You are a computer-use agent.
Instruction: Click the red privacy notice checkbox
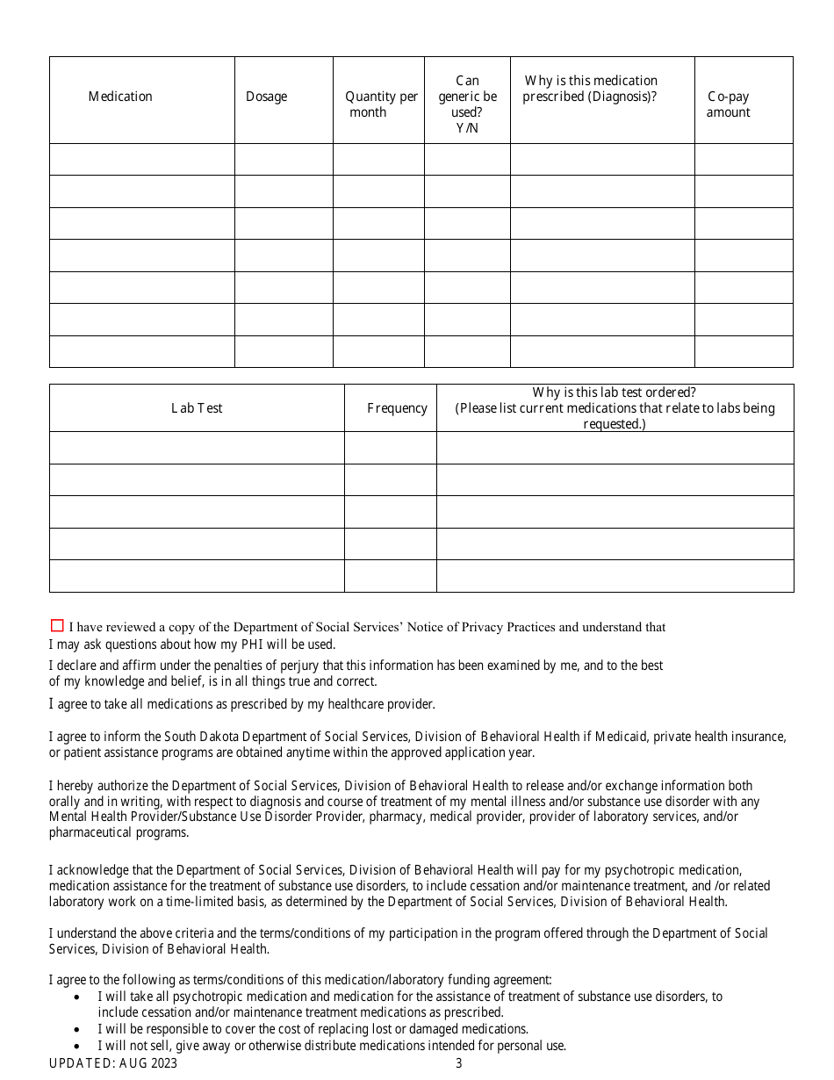57,625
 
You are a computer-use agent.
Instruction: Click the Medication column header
120,97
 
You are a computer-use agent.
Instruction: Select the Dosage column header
266,97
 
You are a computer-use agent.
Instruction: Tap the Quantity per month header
381,104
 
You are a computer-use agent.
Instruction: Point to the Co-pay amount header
728,104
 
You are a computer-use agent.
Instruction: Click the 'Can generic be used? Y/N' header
467,104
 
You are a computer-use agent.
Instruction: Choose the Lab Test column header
197,408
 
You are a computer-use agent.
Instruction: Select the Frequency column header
397,408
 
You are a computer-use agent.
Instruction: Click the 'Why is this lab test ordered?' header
615,408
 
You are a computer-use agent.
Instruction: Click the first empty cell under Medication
141,160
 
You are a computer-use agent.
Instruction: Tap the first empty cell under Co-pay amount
744,160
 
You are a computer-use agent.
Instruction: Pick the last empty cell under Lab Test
197,576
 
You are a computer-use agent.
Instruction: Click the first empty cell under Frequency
390,448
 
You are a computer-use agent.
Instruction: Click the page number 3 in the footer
458,1063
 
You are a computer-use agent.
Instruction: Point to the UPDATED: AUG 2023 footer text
113,1063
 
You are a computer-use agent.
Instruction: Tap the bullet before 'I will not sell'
78,1046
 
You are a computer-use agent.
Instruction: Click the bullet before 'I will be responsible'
78,1029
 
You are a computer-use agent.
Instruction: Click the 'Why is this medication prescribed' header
590,89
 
